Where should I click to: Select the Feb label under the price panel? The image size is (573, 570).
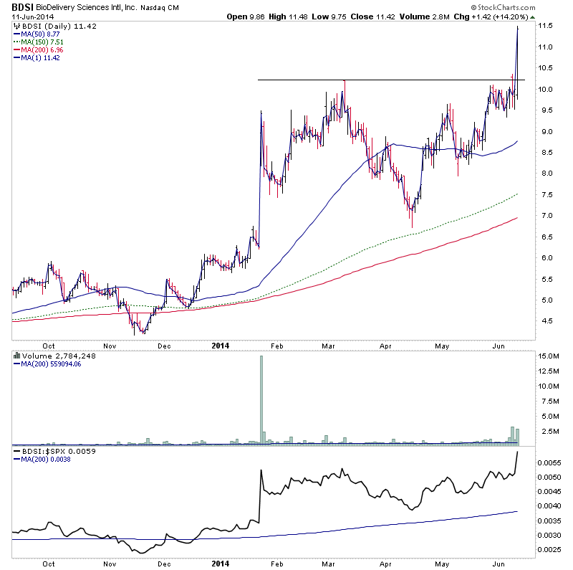click(x=277, y=345)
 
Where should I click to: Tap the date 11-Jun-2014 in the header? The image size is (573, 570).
click(x=30, y=16)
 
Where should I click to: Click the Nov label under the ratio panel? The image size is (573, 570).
click(x=110, y=564)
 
